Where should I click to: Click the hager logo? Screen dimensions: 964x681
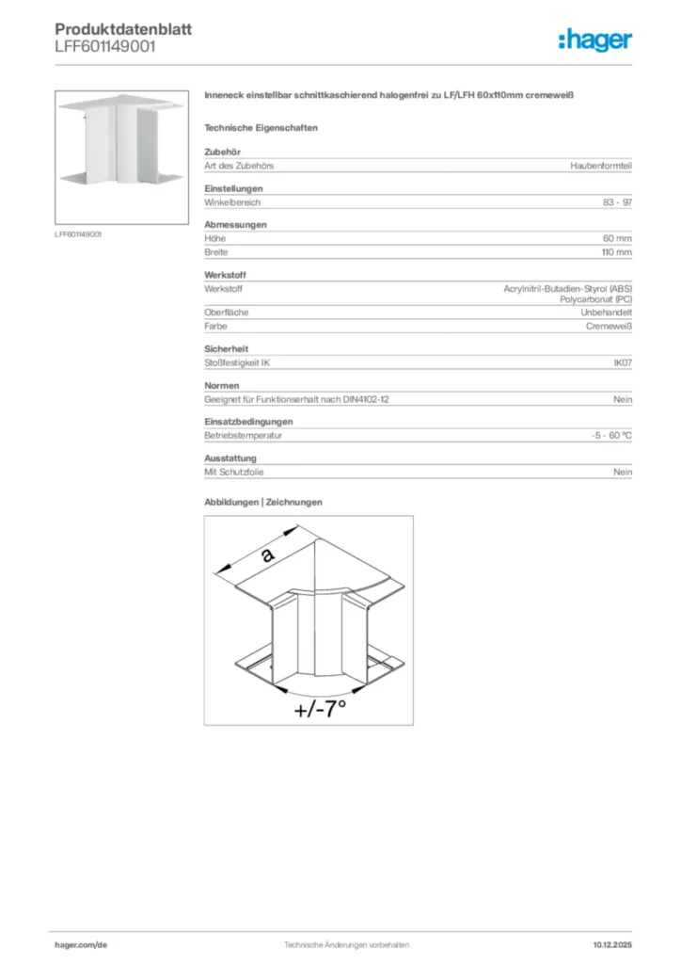click(594, 40)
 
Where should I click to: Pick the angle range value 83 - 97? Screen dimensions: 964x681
click(617, 202)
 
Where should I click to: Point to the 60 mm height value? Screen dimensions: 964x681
click(617, 239)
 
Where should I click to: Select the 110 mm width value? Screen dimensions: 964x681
click(616, 252)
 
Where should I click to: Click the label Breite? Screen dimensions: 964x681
click(216, 252)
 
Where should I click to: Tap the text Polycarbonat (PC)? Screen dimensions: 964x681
click(596, 299)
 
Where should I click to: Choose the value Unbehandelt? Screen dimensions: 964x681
click(606, 313)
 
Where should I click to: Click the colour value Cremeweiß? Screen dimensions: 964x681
click(609, 326)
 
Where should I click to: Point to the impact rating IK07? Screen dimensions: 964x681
click(622, 362)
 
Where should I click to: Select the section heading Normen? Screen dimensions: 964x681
click(222, 386)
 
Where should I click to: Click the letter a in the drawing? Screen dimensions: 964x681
click(268, 555)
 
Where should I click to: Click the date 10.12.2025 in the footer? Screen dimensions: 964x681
click(612, 944)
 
